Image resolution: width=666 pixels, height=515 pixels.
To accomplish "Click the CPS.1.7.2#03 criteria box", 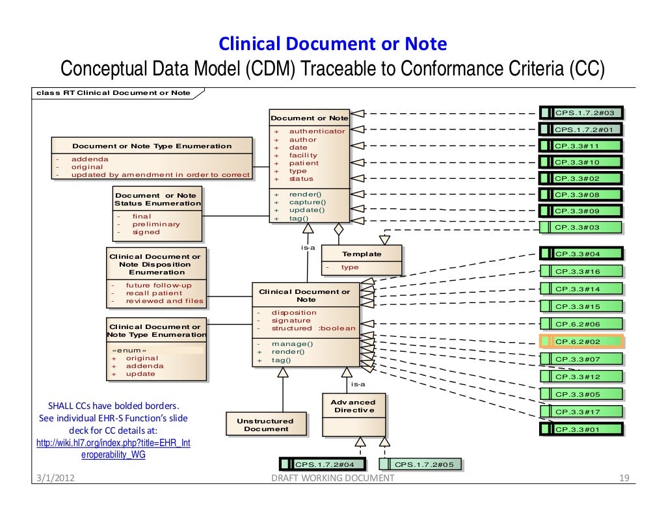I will pyautogui.click(x=581, y=113).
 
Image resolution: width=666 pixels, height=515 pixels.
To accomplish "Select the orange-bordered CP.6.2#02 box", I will pyautogui.click(x=581, y=341).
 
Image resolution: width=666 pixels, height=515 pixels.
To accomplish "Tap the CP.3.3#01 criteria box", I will pyautogui.click(x=581, y=429).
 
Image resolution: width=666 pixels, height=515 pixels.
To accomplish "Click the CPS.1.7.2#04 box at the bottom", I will pyautogui.click(x=322, y=464).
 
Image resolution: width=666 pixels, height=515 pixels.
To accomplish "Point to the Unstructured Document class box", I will pyautogui.click(x=266, y=425).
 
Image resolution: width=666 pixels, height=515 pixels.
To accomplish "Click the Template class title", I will pyautogui.click(x=362, y=254).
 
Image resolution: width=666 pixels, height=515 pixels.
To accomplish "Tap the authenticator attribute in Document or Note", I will pyautogui.click(x=317, y=131).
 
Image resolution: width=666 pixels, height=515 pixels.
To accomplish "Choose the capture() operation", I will pyautogui.click(x=307, y=202).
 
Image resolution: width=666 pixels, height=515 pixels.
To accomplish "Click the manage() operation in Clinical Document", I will pyautogui.click(x=292, y=344).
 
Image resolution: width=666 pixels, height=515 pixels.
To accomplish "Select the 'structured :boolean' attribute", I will pyautogui.click(x=313, y=328).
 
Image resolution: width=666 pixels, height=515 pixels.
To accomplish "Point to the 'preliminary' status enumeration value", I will pyautogui.click(x=156, y=224).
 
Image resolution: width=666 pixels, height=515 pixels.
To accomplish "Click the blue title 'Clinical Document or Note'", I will pyautogui.click(x=332, y=44).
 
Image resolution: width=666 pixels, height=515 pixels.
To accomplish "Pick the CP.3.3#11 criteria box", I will pyautogui.click(x=581, y=146).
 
